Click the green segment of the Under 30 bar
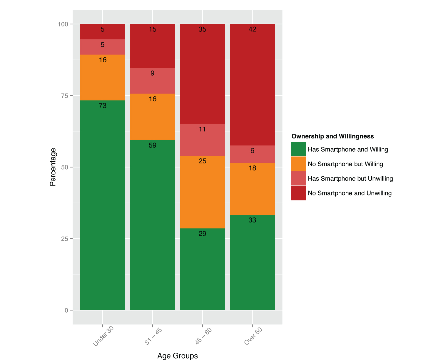[103, 206]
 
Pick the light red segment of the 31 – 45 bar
[153, 81]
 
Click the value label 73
[103, 106]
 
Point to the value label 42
[252, 29]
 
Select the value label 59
[153, 145]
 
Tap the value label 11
[202, 129]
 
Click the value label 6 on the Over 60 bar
[252, 151]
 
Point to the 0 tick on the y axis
[66, 310]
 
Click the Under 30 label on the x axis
[103, 336]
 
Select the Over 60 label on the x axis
[253, 336]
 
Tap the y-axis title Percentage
[53, 167]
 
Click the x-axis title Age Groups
[178, 356]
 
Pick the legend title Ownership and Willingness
[333, 136]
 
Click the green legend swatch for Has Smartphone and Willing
[299, 149]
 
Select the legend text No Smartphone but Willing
[345, 164]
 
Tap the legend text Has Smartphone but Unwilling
[350, 179]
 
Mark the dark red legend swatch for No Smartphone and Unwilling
[299, 193]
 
